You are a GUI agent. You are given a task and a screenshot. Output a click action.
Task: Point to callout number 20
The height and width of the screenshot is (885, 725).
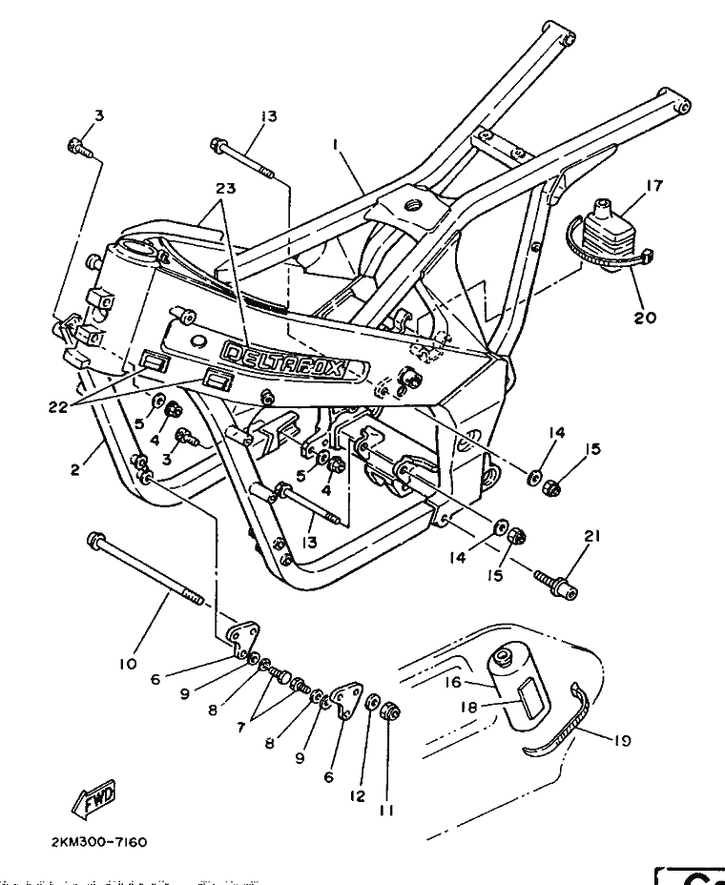645,318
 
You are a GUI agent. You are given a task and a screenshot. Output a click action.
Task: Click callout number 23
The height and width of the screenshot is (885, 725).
225,188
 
